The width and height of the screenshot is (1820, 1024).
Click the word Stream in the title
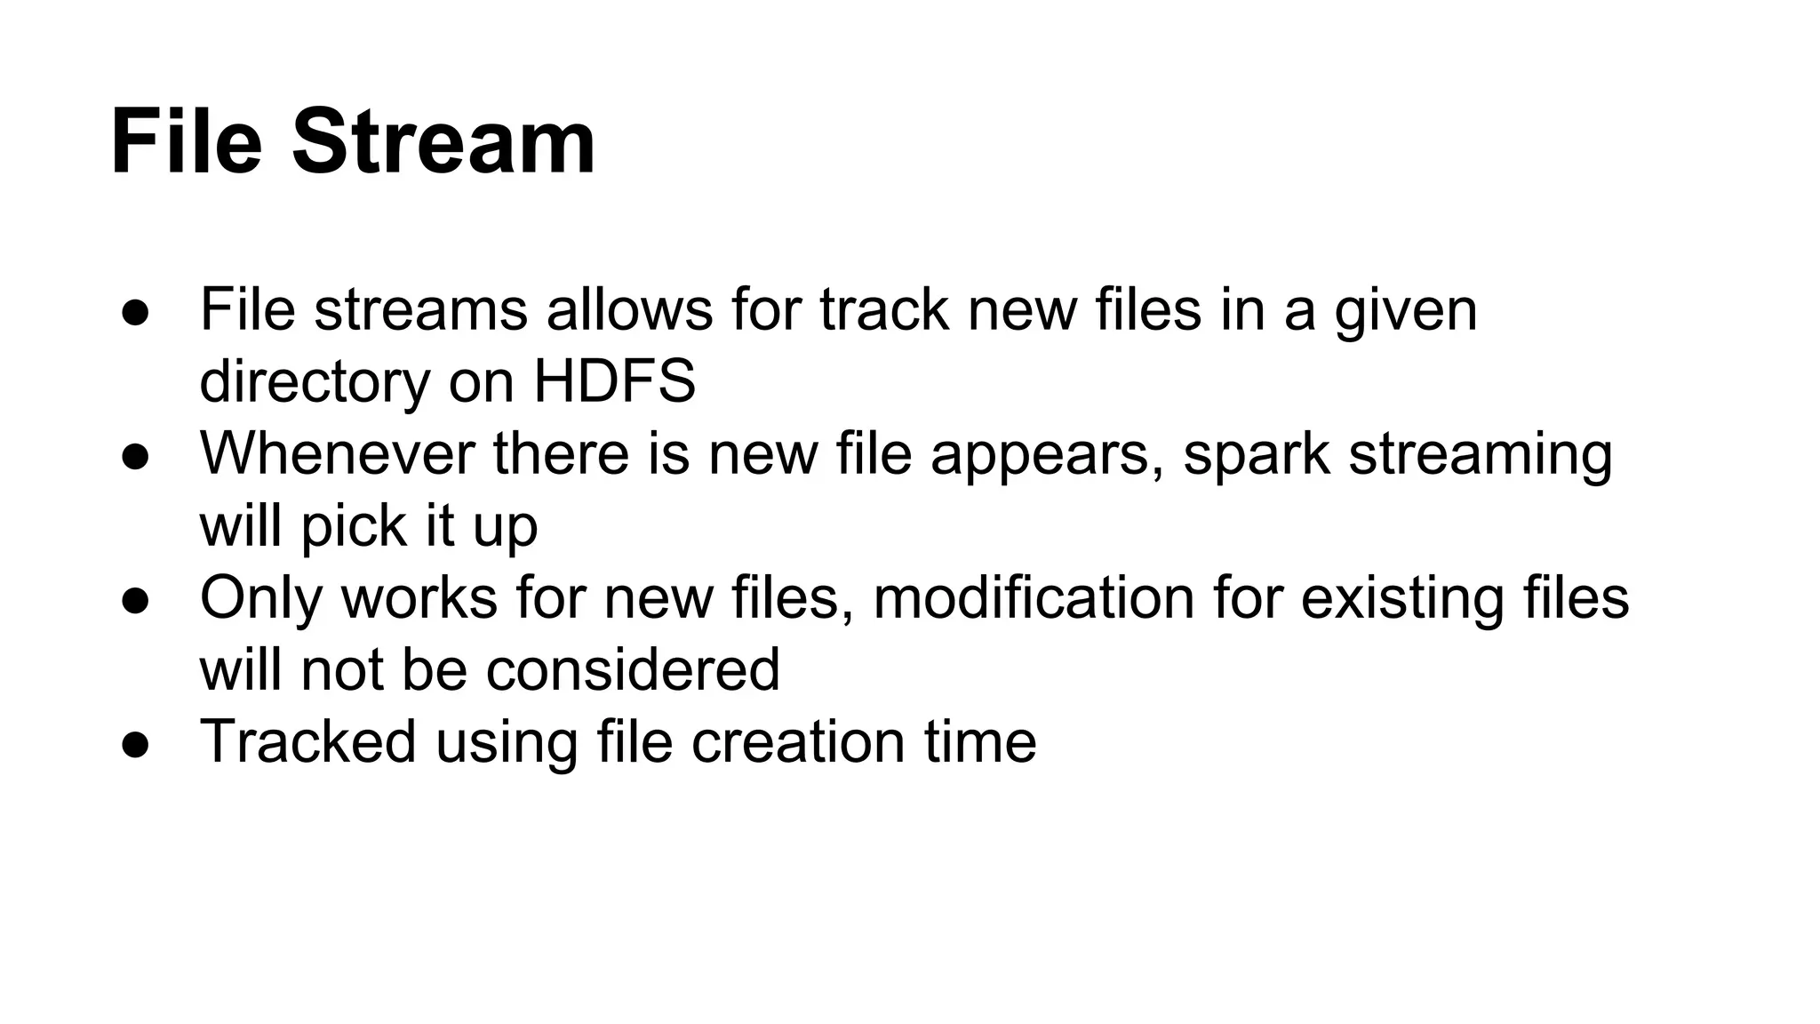coord(443,142)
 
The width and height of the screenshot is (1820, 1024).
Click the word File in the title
coord(187,142)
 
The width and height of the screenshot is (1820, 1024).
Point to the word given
coord(1405,311)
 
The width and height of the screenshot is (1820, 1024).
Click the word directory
coord(314,383)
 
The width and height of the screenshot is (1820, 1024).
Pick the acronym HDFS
coord(614,381)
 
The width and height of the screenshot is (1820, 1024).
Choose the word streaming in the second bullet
coord(1480,455)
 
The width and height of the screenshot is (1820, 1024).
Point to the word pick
coord(353,527)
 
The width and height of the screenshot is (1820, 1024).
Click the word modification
coord(1034,597)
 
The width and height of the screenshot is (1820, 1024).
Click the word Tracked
coord(307,741)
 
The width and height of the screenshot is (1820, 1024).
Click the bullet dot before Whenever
coord(135,456)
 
